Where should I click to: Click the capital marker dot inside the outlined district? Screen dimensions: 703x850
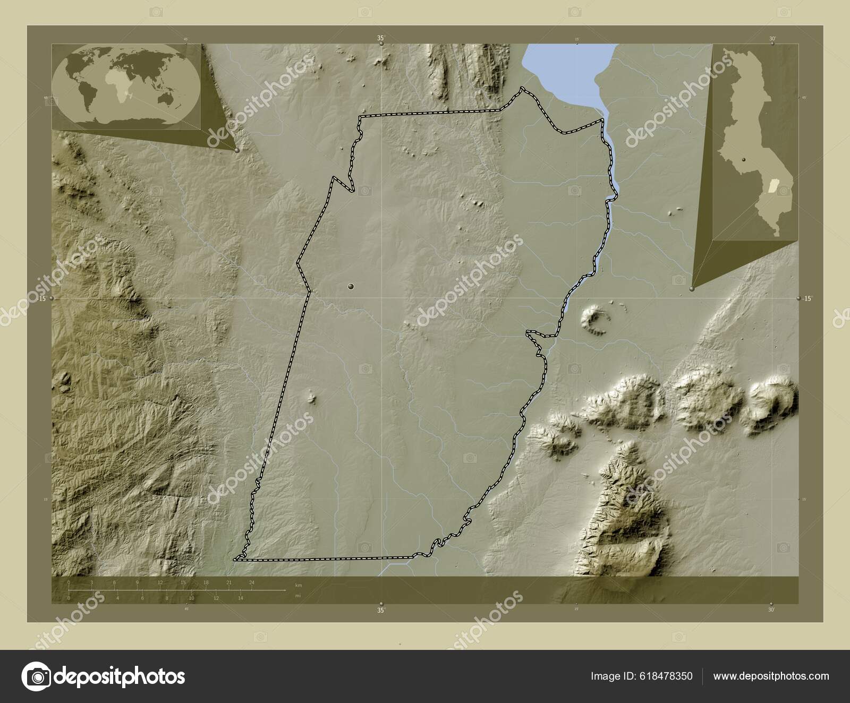click(x=350, y=286)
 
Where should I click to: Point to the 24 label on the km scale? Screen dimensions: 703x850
click(x=252, y=583)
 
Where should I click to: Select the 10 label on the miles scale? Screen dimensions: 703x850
click(x=191, y=598)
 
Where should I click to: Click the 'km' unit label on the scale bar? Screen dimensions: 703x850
click(x=299, y=585)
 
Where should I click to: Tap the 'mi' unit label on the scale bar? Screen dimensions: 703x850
click(x=298, y=596)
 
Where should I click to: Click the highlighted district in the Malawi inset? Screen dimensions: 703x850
click(x=772, y=187)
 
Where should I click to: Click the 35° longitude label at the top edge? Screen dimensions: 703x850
click(x=381, y=38)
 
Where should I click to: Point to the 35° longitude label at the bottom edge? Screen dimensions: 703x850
click(x=381, y=611)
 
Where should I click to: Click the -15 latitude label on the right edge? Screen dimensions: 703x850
click(x=807, y=299)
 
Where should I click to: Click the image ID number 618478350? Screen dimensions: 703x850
click(x=664, y=676)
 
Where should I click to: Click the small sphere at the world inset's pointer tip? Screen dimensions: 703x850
click(x=236, y=150)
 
